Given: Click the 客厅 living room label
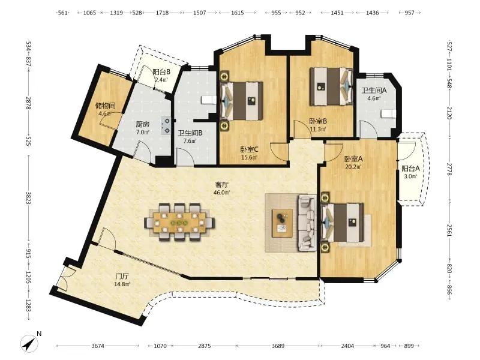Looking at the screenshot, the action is [x=222, y=185].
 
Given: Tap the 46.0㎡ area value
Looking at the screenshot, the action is [x=222, y=193].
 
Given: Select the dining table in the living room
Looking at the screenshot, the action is [x=179, y=221].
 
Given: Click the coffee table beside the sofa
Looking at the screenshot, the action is [x=282, y=223].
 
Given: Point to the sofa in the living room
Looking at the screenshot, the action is [x=307, y=223].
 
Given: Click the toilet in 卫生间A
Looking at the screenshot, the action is [x=388, y=114].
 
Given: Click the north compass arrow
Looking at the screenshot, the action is [x=29, y=343].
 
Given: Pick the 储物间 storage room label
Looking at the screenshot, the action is [x=106, y=106].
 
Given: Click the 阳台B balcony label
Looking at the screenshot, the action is [x=161, y=72].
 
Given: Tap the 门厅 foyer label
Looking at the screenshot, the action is [x=122, y=277].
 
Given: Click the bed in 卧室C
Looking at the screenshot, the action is [x=242, y=101].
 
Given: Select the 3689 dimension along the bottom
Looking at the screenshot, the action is [x=278, y=346].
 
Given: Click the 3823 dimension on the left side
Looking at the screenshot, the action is [x=28, y=198].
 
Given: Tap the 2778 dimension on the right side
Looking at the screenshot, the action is [x=449, y=169].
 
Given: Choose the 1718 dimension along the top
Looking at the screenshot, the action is [x=162, y=13].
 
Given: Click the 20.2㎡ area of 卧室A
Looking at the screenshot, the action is [x=353, y=167].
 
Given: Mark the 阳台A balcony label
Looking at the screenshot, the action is [x=410, y=169].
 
